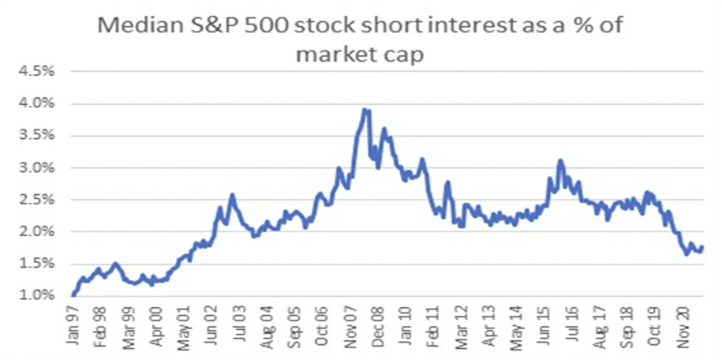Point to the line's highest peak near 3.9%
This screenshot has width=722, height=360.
coord(365,109)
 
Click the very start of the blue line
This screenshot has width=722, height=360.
coord(73,294)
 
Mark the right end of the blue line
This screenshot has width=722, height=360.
coord(702,247)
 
